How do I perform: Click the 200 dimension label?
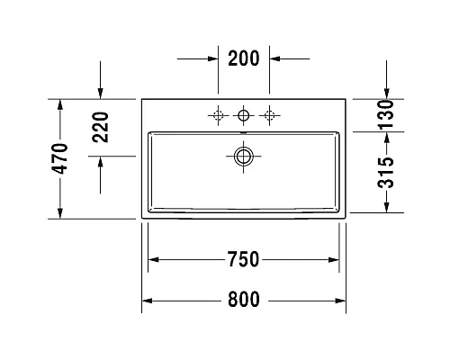tap(243, 59)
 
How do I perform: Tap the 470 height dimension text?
tap(59, 158)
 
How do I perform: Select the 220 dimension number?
tap(100, 127)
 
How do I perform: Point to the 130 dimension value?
tap(386, 115)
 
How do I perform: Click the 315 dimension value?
tap(386, 172)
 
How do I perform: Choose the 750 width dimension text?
tap(243, 260)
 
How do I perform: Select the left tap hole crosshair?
tap(217, 115)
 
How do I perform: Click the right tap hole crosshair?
tap(268, 115)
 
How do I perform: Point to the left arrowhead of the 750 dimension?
tap(153, 260)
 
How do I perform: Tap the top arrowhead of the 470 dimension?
tap(59, 103)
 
